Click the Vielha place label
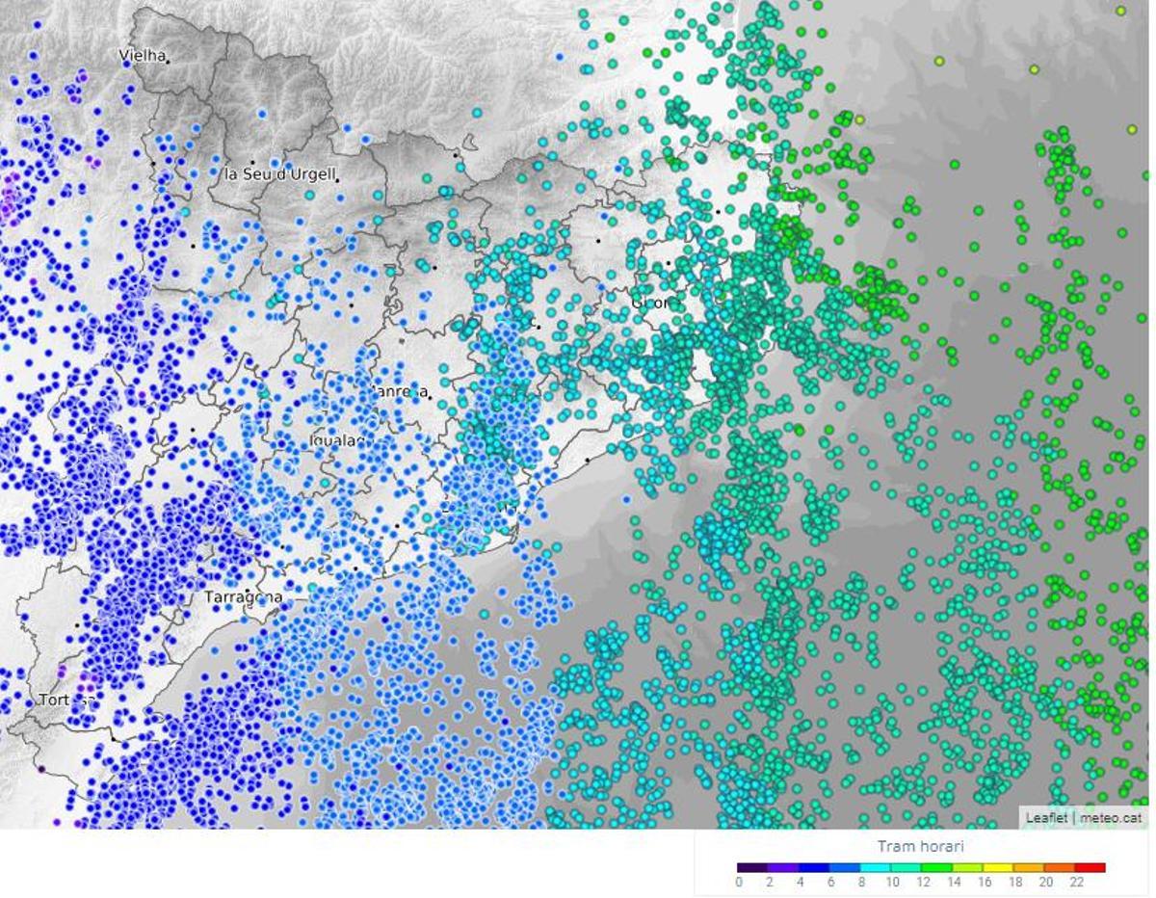142,56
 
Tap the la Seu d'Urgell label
279,174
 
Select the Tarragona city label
243,597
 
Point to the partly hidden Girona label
654,303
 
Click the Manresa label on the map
398,391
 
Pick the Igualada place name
337,440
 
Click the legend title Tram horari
920,847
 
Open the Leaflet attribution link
1046,818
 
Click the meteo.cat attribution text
1111,818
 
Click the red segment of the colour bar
1090,868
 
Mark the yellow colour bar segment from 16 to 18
999,868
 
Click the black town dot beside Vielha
167,62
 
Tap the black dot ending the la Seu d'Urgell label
337,180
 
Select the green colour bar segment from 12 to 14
937,868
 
